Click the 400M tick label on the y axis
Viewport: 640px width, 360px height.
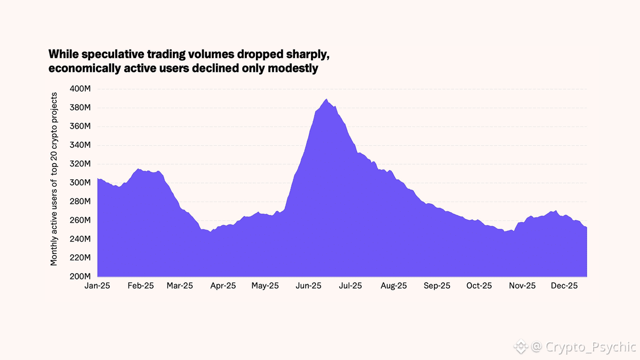tap(81, 89)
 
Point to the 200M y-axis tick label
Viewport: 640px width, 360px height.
tap(81, 276)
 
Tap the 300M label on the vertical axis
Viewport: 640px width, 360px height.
tap(81, 182)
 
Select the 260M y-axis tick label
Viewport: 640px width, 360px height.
tap(81, 220)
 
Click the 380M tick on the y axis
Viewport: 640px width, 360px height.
tap(81, 108)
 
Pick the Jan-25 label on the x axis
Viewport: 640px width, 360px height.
tap(98, 286)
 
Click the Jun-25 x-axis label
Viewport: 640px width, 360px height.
tap(308, 286)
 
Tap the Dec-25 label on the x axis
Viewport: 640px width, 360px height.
tap(564, 286)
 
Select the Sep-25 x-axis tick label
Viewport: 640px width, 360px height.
tap(437, 286)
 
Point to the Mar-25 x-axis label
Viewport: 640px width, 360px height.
tap(180, 286)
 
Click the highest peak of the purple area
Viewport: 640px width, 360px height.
tap(326, 99)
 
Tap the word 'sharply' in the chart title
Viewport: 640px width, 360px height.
tap(317, 54)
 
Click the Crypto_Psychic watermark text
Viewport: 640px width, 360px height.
tap(591, 347)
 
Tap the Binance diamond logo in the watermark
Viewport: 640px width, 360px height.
tap(521, 347)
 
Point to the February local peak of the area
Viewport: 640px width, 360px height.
tap(138, 169)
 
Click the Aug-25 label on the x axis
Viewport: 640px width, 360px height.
tap(393, 286)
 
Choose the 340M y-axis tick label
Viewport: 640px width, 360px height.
tap(81, 145)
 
